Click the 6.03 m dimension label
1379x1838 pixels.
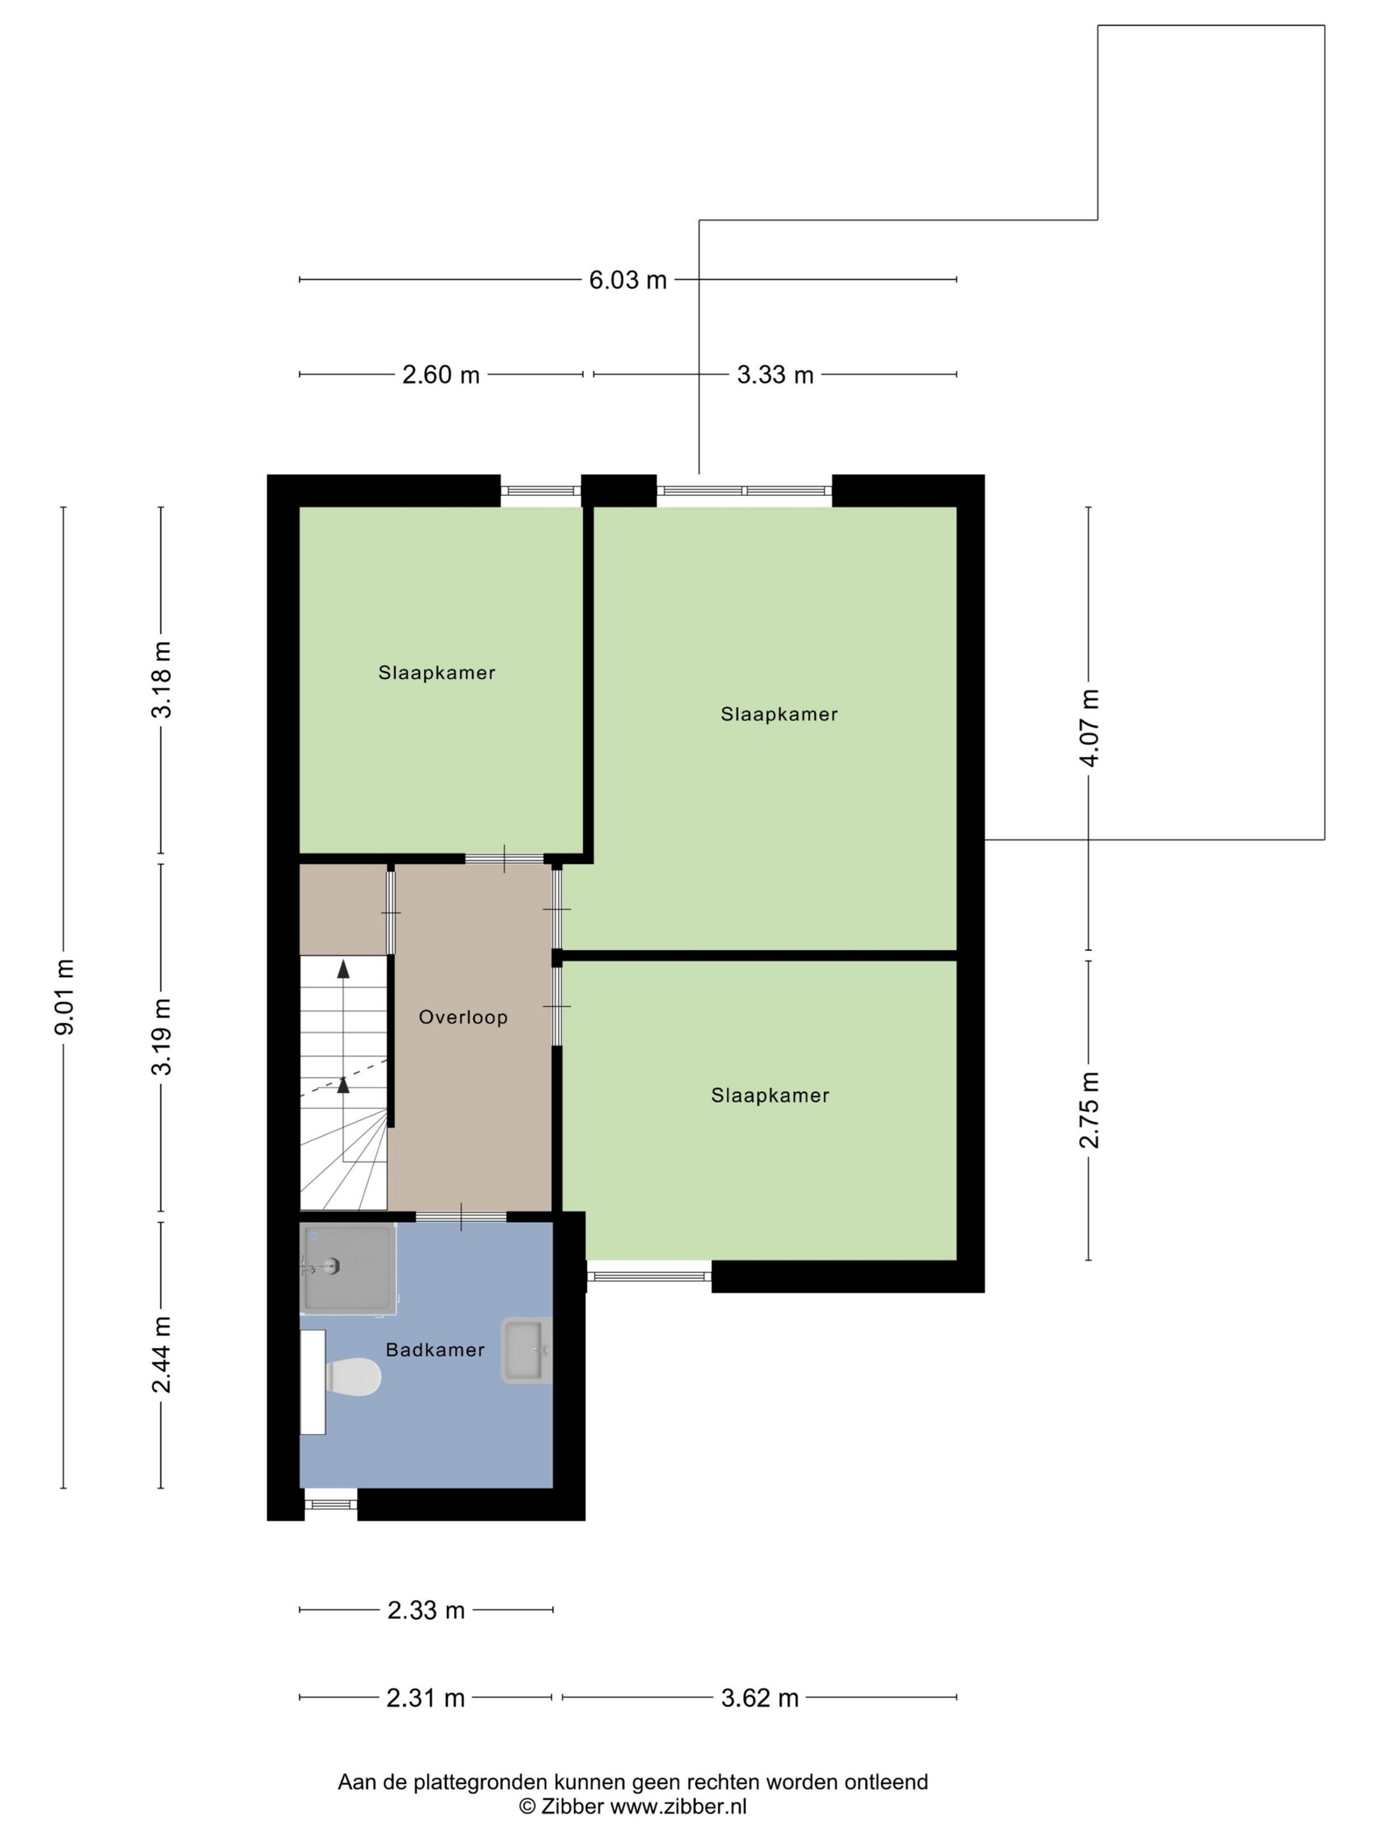628,280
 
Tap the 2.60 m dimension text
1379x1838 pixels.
441,375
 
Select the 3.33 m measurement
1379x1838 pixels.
774,375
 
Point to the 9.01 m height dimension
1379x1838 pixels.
65,997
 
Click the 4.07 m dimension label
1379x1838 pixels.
1089,728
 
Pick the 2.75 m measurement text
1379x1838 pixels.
1089,1110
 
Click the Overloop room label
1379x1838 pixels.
463,1017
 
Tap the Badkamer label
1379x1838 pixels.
435,1350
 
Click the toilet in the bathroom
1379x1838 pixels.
352,1377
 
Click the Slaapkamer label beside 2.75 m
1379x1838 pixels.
770,1095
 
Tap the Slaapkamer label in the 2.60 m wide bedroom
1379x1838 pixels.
437,673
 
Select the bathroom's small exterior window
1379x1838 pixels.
331,1504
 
